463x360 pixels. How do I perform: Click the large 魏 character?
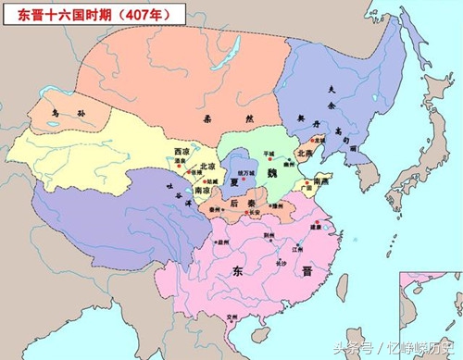(x=272, y=173)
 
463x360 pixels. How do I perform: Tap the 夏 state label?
(x=235, y=181)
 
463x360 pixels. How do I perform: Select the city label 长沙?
(x=281, y=263)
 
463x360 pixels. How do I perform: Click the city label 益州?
(x=222, y=242)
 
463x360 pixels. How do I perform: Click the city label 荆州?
(x=269, y=235)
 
